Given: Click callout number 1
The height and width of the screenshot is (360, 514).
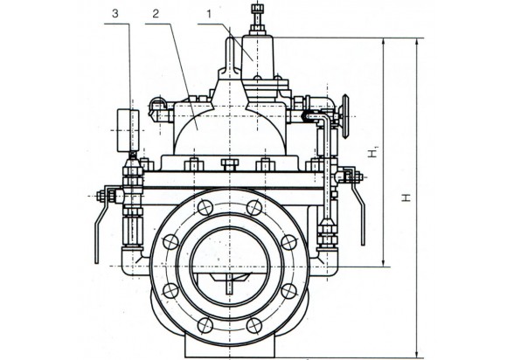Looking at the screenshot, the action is point(208,14).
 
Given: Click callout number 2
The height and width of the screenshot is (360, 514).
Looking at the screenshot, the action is point(156,14).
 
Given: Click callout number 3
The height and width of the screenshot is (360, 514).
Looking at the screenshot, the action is point(115,14).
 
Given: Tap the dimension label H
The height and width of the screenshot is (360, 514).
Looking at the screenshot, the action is point(406,197).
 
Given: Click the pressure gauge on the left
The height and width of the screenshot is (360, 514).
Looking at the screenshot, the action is point(128,130).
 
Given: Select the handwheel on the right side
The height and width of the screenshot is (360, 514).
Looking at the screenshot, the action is point(345,116).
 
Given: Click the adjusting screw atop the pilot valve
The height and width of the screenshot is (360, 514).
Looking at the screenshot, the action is point(258,18).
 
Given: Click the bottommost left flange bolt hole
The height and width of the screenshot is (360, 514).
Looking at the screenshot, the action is point(205,325).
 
